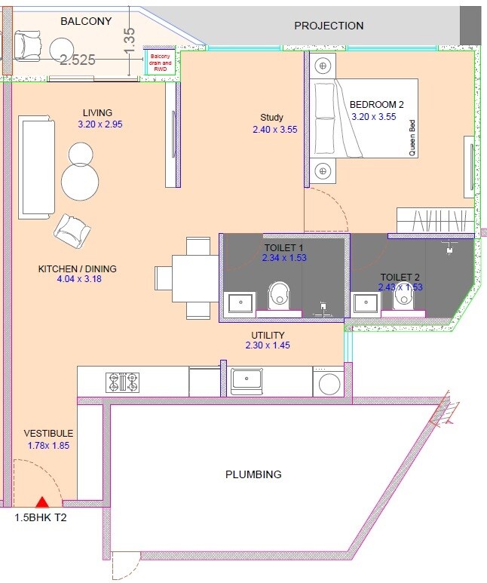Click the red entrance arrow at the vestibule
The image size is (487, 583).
tap(43, 501)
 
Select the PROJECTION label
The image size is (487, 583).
tap(329, 26)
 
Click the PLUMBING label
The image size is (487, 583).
tap(253, 474)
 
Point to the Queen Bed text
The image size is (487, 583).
tap(412, 139)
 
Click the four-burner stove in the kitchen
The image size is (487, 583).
tap(124, 382)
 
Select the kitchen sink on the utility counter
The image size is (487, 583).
tap(246, 381)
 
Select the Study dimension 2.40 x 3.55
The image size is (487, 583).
tap(274, 130)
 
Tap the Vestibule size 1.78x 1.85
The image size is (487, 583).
tap(48, 446)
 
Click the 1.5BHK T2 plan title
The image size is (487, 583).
tap(41, 518)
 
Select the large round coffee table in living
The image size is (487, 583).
tap(80, 181)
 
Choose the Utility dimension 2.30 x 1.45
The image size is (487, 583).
tap(268, 345)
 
